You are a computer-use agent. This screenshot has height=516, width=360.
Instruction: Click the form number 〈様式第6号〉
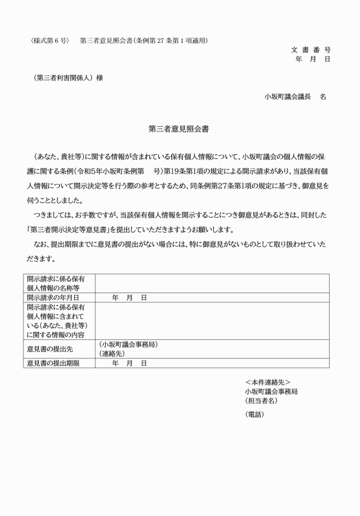(x=50, y=41)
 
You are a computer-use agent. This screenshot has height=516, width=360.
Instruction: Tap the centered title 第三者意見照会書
(x=178, y=129)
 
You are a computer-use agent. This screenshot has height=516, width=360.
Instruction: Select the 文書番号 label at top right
(x=311, y=50)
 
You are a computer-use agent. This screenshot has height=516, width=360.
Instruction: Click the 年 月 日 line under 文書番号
(x=313, y=59)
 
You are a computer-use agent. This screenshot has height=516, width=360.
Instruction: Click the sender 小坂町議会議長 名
(x=295, y=97)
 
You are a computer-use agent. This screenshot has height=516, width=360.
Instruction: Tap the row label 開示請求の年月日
(x=53, y=298)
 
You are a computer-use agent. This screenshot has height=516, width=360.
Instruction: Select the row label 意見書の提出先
(x=49, y=349)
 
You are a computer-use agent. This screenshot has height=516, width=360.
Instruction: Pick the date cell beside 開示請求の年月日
(x=130, y=298)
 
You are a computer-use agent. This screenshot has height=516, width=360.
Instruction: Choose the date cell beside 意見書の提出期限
(x=130, y=363)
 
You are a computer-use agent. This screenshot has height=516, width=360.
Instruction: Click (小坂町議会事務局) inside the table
(x=128, y=345)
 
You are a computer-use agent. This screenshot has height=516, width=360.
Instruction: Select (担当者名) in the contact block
(x=261, y=401)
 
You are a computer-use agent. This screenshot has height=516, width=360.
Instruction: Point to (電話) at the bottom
(x=254, y=414)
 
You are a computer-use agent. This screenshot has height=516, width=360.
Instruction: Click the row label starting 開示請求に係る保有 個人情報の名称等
(x=55, y=283)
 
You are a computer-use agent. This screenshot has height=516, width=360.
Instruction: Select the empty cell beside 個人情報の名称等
(x=211, y=283)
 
